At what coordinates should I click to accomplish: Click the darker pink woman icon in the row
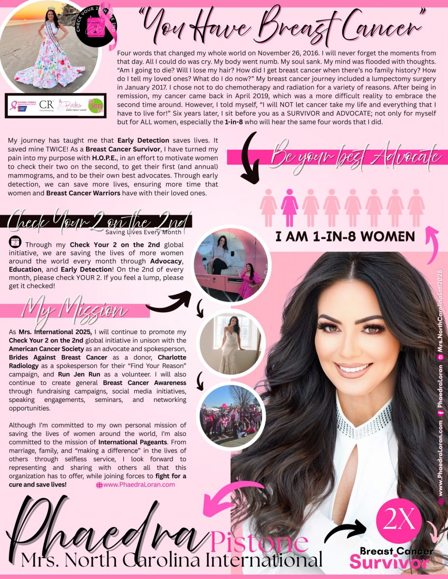[289, 207]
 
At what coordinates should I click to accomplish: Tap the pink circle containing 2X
[399, 523]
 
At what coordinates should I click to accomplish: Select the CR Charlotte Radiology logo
[46, 106]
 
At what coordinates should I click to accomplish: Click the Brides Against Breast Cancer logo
[69, 106]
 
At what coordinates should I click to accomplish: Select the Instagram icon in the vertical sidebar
[440, 357]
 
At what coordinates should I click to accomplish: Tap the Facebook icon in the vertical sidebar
[440, 412]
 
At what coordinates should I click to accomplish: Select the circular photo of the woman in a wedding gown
[231, 343]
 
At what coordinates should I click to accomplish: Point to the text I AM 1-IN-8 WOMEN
[345, 236]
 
